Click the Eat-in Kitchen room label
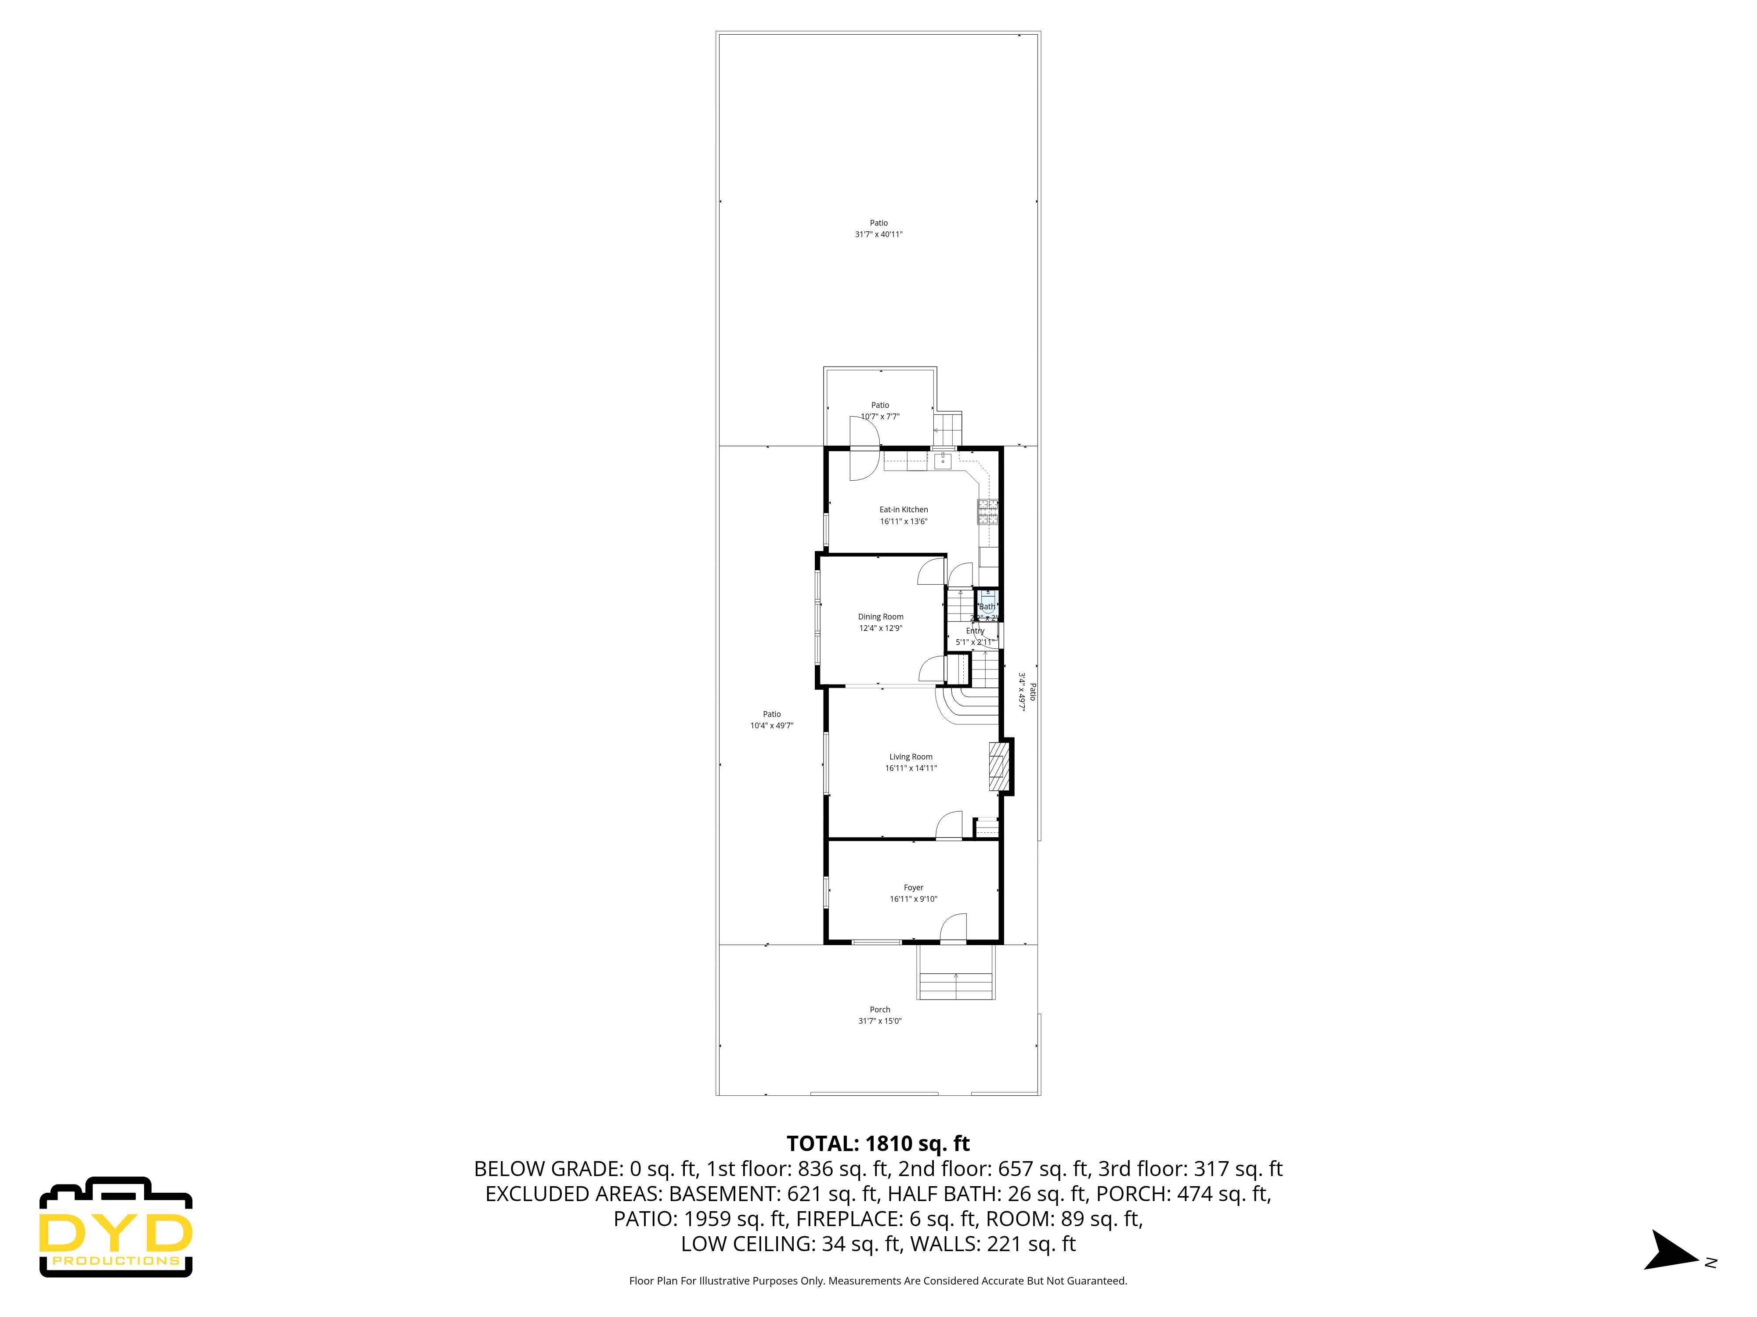pos(903,510)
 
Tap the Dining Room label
pos(880,617)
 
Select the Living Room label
pos(910,756)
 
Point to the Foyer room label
pos(913,888)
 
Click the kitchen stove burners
pos(987,512)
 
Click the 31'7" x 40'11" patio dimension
pos(878,234)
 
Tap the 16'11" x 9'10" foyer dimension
pos(913,899)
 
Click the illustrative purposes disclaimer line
pos(878,1281)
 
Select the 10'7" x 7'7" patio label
pos(880,416)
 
